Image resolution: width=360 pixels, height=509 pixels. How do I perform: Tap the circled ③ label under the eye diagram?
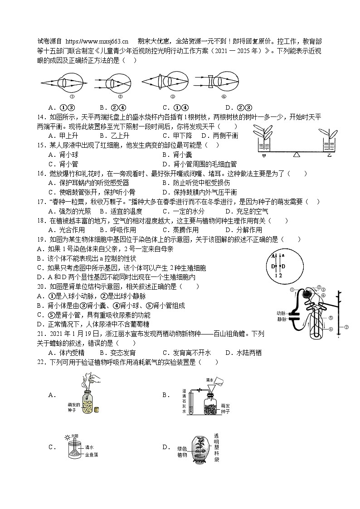tap(172, 96)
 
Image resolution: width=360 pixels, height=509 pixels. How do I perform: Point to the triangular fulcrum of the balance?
tap(297, 155)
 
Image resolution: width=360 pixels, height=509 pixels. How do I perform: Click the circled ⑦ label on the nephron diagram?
tap(346, 327)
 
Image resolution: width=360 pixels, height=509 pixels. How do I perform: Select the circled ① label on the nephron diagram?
tap(292, 290)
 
